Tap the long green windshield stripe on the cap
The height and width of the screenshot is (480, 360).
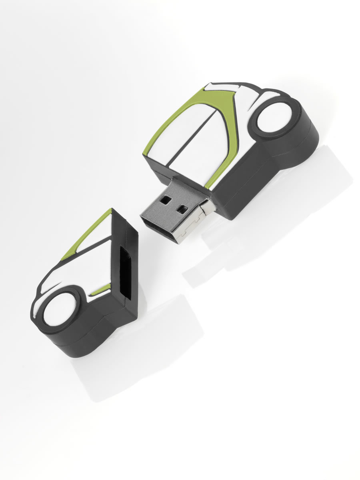86,234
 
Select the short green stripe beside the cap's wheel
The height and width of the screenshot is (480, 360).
100,289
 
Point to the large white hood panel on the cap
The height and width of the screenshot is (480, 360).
80,272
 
